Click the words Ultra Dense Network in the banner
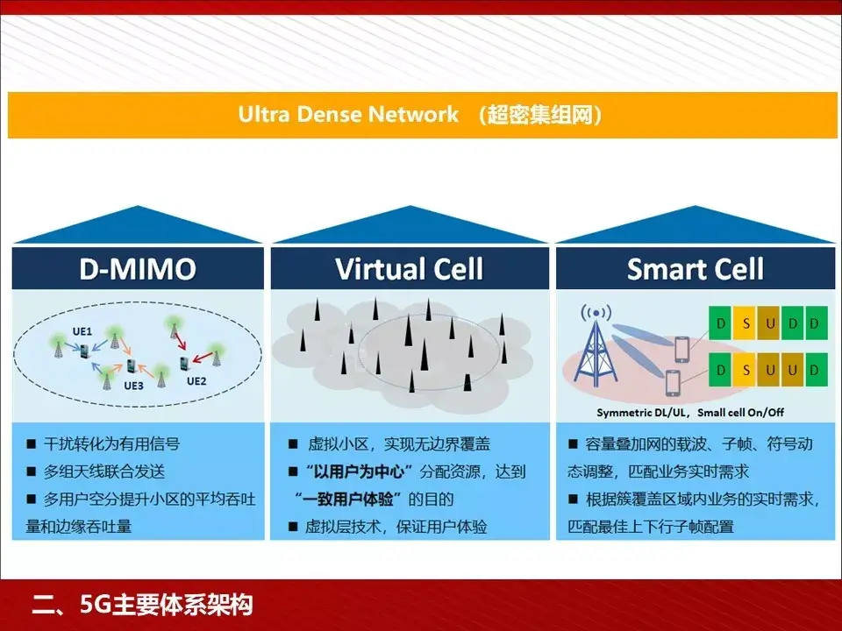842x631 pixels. pos(348,115)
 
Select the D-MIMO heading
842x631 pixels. pos(137,269)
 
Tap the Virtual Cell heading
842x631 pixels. pos(410,269)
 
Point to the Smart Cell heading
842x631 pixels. pos(696,269)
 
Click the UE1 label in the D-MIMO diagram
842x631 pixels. pos(82,333)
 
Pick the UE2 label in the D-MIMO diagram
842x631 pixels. pos(196,380)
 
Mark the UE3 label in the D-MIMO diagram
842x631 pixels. pos(133,385)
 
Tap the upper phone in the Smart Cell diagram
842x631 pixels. pos(681,349)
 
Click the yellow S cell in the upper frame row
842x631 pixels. pos(746,323)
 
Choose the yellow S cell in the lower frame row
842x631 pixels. pos(746,370)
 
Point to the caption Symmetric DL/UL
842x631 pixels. pos(643,411)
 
